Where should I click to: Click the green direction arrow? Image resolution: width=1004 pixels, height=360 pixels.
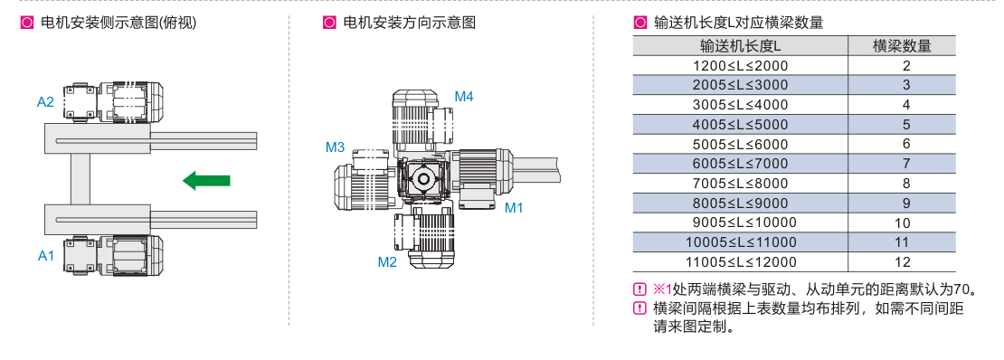(206, 180)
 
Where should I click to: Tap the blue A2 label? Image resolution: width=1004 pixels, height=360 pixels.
(45, 102)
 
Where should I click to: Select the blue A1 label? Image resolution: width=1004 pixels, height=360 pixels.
(45, 256)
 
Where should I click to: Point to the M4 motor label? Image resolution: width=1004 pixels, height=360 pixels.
(464, 97)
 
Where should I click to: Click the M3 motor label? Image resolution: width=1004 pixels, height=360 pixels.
(335, 148)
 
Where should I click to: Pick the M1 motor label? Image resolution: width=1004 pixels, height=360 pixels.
(514, 207)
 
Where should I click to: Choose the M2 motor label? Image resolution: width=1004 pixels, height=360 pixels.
(387, 261)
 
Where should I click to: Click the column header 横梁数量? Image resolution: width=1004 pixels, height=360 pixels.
(902, 46)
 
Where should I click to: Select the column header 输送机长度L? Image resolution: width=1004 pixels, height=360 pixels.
(740, 46)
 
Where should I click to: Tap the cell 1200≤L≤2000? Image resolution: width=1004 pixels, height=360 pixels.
(740, 65)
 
